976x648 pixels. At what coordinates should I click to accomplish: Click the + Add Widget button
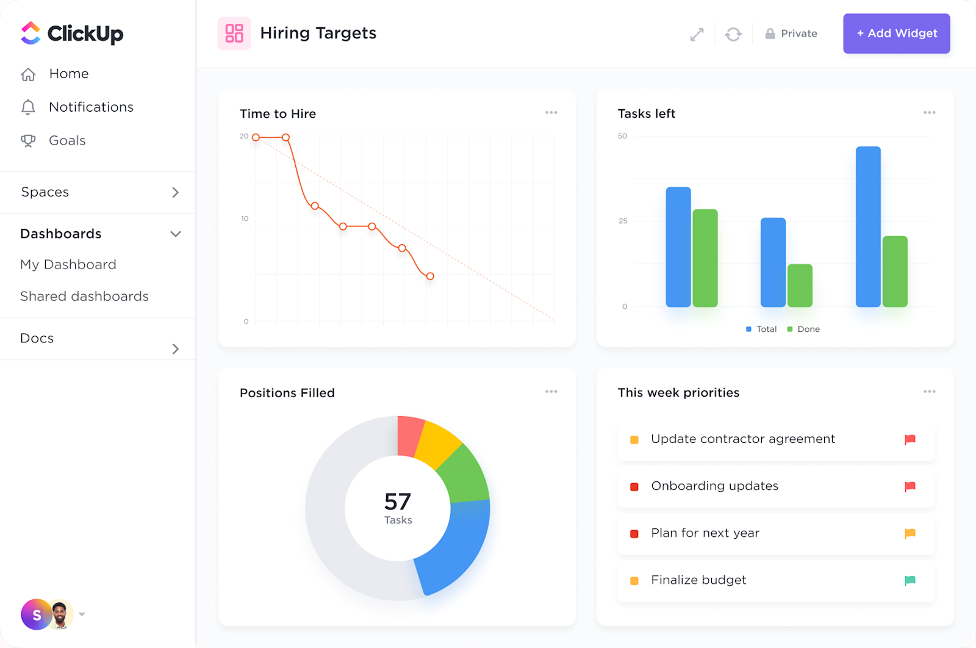[896, 34]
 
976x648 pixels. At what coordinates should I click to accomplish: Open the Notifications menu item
[91, 107]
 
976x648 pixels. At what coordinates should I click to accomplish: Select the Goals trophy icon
[28, 141]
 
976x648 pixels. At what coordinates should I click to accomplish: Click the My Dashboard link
[68, 265]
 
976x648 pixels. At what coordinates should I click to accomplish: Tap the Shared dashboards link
[84, 297]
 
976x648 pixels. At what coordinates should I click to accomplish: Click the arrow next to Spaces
[176, 192]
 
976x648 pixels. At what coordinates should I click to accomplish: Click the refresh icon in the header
[733, 34]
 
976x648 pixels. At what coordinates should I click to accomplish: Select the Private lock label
[792, 34]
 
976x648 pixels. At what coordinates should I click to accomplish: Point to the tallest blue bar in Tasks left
[868, 226]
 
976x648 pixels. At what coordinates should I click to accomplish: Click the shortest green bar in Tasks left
[800, 285]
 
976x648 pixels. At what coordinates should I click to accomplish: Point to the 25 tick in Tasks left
[623, 221]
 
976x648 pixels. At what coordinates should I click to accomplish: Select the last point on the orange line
[430, 276]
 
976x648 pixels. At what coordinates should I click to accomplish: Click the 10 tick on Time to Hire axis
[245, 218]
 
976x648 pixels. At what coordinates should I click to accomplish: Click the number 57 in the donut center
[398, 502]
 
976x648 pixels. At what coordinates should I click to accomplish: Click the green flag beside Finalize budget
[910, 580]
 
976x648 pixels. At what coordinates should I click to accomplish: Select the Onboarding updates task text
[714, 486]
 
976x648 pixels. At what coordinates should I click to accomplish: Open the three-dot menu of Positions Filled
[551, 392]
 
